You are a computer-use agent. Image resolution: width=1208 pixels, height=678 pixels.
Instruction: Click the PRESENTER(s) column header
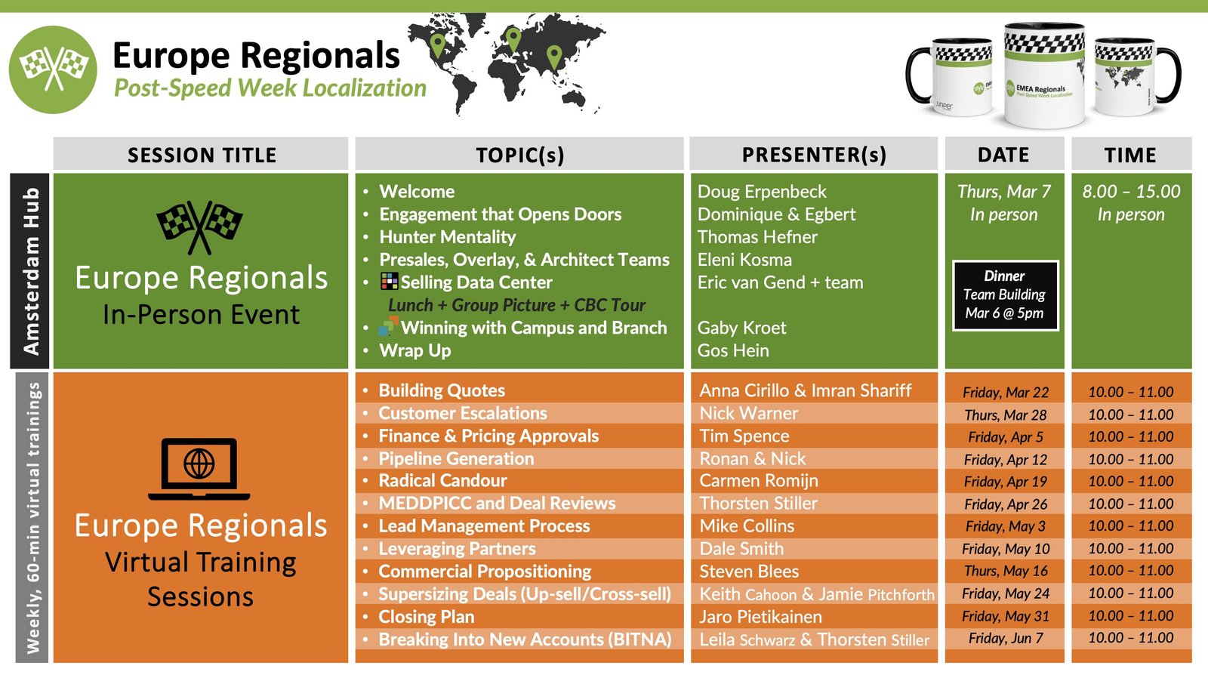coord(814,155)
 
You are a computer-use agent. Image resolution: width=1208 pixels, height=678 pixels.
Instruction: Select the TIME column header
coord(1130,156)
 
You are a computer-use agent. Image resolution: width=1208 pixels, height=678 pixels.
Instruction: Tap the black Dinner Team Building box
coord(1005,295)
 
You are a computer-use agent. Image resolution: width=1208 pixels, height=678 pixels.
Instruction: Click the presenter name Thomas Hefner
coord(757,237)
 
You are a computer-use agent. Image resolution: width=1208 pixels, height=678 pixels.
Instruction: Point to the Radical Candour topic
coord(442,481)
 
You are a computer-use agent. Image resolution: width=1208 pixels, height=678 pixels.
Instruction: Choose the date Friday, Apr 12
coord(1006,460)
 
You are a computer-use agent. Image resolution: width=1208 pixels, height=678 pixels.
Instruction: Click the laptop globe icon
coord(199,468)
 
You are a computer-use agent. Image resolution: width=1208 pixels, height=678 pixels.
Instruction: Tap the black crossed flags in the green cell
coord(199,227)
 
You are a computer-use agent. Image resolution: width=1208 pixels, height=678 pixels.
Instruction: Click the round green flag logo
coord(53,69)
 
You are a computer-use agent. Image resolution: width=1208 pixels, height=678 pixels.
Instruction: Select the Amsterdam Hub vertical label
coord(30,271)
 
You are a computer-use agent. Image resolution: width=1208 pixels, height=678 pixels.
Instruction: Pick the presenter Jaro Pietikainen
coord(760,617)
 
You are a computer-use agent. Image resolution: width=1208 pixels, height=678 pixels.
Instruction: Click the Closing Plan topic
coord(426,617)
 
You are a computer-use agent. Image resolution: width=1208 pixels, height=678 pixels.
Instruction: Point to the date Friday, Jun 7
coord(1006,638)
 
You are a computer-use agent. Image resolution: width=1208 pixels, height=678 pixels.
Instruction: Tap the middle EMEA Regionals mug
coord(1043,75)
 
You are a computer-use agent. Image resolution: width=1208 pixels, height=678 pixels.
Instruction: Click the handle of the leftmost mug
coord(919,75)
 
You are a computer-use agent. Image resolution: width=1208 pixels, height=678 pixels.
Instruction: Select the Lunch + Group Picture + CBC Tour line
coord(516,305)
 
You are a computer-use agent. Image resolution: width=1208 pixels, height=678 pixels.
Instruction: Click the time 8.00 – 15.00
coord(1131,192)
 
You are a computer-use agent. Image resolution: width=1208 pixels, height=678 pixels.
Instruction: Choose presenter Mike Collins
coord(747,526)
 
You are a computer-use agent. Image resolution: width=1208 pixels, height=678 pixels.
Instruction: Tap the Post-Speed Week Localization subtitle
coord(270,88)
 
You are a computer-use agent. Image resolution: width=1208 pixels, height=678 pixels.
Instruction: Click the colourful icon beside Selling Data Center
coord(390,282)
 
